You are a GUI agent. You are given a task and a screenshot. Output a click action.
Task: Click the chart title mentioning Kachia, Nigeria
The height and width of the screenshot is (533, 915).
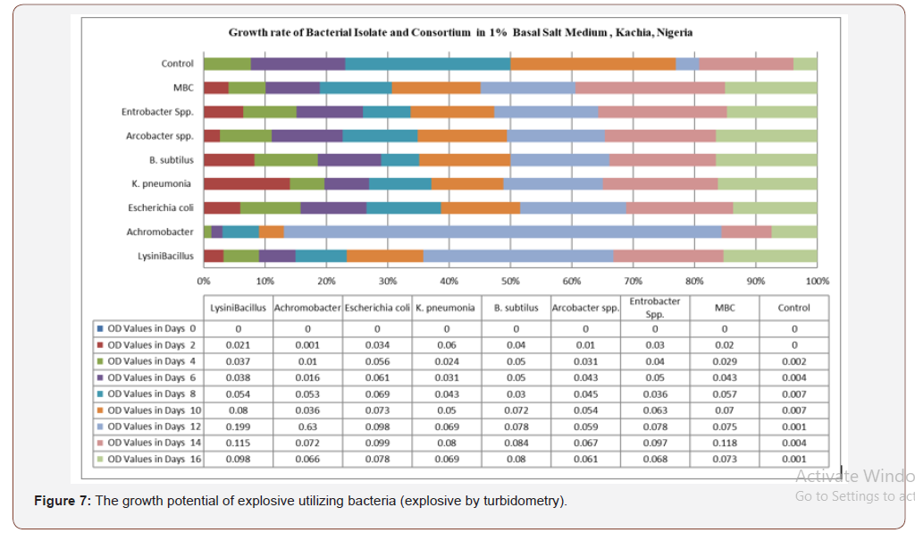click(460, 33)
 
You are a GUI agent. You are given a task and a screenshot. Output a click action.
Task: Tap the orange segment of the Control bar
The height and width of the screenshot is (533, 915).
click(592, 63)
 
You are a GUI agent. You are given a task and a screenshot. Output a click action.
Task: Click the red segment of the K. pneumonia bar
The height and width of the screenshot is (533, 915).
click(246, 183)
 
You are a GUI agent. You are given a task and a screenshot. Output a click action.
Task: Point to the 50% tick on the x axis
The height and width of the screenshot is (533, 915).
click(510, 281)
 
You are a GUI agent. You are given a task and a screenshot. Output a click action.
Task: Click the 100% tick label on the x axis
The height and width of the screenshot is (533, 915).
click(817, 281)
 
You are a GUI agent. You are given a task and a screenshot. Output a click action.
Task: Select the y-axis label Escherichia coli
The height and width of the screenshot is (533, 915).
click(161, 207)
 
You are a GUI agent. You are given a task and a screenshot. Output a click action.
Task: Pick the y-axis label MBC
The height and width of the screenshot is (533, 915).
click(183, 88)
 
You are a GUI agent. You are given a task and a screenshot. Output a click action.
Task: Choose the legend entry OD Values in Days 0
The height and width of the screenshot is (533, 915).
click(145, 328)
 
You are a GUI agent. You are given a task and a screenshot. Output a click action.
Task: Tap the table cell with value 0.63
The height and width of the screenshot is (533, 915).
click(307, 427)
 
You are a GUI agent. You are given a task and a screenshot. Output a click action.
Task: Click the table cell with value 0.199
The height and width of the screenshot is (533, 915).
click(238, 427)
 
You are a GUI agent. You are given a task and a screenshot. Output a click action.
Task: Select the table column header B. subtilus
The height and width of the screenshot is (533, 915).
click(516, 308)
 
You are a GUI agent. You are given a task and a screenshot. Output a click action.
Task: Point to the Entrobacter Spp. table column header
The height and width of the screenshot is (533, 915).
click(655, 308)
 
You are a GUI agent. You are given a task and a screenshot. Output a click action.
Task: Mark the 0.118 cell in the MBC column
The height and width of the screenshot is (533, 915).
click(725, 443)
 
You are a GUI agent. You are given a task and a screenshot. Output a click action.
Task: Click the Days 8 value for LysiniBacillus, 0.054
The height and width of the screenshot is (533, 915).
click(238, 393)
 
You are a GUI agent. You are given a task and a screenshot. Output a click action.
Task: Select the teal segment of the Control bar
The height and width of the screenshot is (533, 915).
click(428, 63)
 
